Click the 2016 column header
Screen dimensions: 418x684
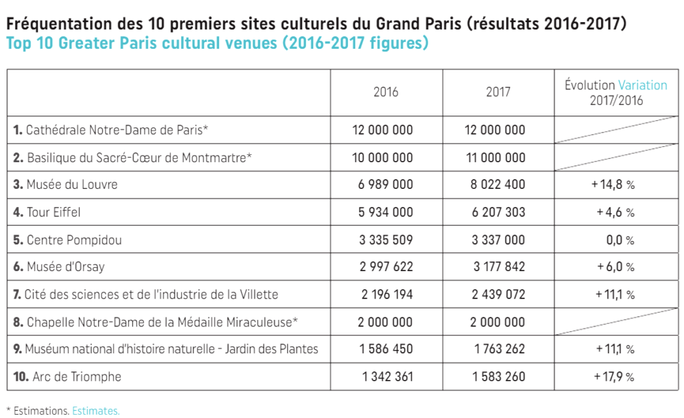pos(385,92)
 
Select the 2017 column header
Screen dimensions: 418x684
pos(498,92)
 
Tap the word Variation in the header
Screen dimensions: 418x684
pos(643,85)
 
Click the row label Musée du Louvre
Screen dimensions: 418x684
pos(71,184)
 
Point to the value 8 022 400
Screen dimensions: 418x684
pos(498,184)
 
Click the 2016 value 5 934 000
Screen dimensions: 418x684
pos(385,212)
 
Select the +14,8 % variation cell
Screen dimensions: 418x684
pos(613,184)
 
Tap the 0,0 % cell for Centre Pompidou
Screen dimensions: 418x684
pos(620,240)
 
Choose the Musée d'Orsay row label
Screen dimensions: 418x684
pos(65,267)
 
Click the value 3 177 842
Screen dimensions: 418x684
pos(498,267)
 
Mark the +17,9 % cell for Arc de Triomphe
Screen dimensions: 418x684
pos(613,377)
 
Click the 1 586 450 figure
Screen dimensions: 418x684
pos(385,349)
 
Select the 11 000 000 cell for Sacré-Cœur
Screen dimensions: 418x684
pos(495,158)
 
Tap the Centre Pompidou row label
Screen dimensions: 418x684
pos(74,240)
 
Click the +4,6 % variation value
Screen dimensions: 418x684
pos(615,212)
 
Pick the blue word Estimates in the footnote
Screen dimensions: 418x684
pos(96,411)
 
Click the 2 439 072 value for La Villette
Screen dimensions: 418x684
pos(498,294)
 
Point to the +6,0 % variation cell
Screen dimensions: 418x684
pos(615,267)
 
